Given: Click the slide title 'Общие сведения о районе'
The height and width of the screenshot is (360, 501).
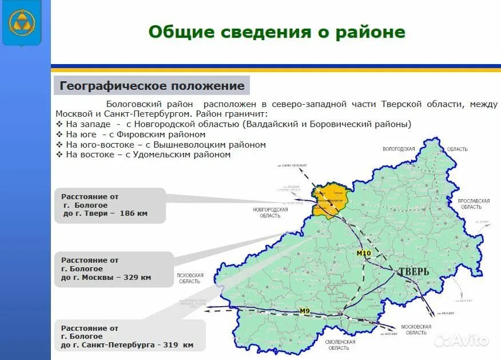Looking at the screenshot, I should pyautogui.click(x=277, y=32).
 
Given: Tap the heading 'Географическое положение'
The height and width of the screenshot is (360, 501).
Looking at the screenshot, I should pyautogui.click(x=152, y=86).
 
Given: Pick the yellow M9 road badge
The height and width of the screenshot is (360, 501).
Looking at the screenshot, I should pyautogui.click(x=305, y=311).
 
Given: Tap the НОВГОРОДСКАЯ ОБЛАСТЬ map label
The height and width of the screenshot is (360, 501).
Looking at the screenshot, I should pyautogui.click(x=270, y=212).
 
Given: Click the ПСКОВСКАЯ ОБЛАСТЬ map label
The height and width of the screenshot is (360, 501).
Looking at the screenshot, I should pyautogui.click(x=190, y=278).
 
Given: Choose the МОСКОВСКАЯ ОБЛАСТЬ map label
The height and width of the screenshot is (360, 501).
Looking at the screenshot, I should pyautogui.click(x=416, y=329).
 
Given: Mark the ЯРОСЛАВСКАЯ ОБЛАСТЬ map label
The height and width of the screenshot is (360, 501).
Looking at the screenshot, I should pyautogui.click(x=474, y=204).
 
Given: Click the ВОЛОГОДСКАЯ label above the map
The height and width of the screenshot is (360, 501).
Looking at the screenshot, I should pyautogui.click(x=399, y=149).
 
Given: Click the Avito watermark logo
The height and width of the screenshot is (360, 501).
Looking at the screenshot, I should pyautogui.click(x=462, y=339).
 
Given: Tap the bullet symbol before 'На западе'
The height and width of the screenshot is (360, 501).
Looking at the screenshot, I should pyautogui.click(x=59, y=124).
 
